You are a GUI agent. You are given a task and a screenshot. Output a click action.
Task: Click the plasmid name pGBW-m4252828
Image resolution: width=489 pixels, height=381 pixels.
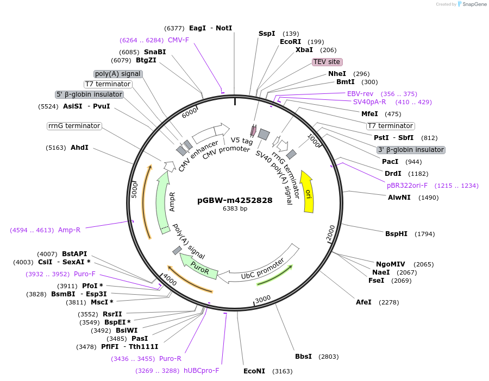[x=235, y=200]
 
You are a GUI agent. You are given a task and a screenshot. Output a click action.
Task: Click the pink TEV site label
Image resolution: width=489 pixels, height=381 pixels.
[x=327, y=62]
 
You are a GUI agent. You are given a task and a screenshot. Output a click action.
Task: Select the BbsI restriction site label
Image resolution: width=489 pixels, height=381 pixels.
[x=303, y=357]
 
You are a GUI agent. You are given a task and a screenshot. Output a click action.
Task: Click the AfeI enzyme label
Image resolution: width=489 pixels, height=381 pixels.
[x=364, y=302]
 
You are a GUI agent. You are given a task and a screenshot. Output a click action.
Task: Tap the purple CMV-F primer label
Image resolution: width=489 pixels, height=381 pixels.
[x=178, y=40]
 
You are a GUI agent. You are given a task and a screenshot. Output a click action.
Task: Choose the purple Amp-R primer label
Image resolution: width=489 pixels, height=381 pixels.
[x=69, y=230]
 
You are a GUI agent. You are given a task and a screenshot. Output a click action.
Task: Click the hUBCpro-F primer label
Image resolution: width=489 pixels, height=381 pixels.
[x=201, y=371]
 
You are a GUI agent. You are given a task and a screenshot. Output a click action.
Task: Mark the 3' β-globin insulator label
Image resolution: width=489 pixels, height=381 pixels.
[x=411, y=150]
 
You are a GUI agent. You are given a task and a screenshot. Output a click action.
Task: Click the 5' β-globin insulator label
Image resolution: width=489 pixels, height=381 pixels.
[x=90, y=94]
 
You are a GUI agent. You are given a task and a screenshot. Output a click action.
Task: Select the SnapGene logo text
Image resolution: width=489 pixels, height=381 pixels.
[x=473, y=4]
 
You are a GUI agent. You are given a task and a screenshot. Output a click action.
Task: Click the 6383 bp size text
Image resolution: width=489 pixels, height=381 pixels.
[x=235, y=209]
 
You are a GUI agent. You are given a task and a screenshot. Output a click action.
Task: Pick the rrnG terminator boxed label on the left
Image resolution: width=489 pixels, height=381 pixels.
[x=74, y=126]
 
